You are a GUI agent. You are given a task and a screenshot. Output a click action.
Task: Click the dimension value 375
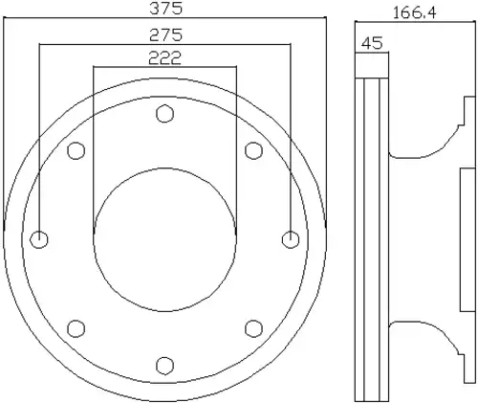click(166, 9)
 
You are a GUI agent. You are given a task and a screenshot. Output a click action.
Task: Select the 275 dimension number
click(166, 35)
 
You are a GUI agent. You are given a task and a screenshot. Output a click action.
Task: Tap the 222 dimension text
click(164, 58)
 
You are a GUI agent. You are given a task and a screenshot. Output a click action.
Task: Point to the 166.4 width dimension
click(414, 13)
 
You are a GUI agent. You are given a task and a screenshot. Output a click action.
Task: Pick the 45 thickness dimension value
click(372, 43)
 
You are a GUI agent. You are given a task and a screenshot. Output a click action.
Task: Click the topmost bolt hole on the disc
click(164, 114)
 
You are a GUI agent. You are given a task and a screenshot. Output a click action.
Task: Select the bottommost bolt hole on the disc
click(164, 366)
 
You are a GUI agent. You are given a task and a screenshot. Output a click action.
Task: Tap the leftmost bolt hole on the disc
click(39, 239)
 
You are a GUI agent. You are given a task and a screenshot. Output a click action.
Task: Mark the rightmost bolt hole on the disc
click(291, 239)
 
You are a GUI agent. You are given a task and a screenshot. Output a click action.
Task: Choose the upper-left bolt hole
click(76, 150)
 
